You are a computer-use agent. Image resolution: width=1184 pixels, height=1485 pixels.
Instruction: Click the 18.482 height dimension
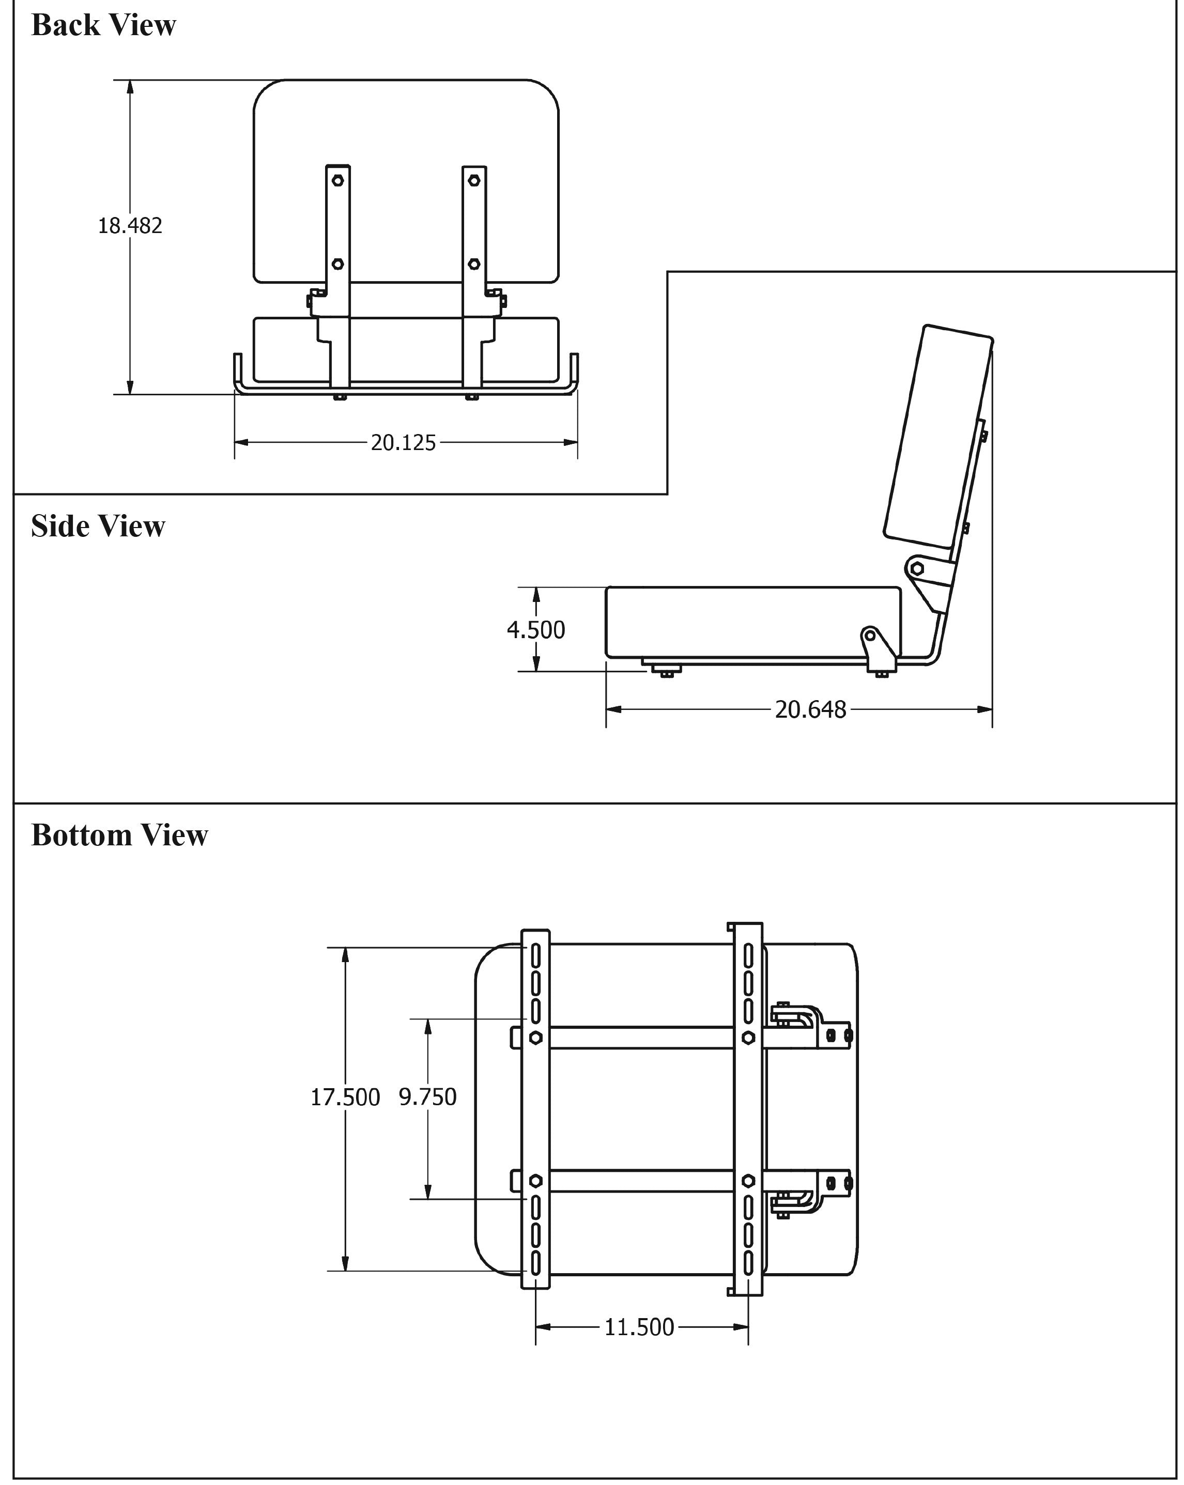130,225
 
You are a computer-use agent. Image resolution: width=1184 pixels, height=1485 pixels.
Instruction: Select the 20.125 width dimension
403,442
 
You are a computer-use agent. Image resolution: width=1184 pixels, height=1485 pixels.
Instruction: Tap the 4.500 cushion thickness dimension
536,629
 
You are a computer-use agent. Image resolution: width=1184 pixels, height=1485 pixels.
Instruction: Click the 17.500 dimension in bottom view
345,1096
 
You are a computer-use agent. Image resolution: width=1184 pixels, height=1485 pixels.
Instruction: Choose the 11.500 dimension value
639,1326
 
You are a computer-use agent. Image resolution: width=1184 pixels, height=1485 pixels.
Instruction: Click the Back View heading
103,25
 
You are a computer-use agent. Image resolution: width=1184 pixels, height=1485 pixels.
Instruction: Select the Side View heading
98,526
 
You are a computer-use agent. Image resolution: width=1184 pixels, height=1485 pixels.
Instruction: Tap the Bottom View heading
119,835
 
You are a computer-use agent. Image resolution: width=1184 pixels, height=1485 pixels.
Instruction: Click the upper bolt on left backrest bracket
337,180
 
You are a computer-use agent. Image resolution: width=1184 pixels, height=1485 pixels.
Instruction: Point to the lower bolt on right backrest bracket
474,264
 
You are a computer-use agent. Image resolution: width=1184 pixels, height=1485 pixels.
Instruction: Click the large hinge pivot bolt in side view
917,568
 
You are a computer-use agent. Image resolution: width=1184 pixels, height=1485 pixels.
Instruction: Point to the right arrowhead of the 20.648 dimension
985,709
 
